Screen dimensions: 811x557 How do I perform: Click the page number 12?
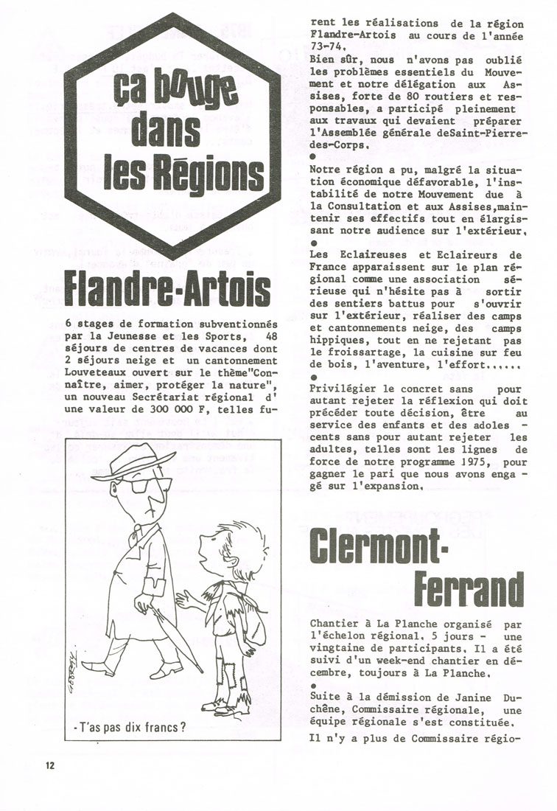point(49,765)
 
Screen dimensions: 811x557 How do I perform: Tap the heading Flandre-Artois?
point(167,289)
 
